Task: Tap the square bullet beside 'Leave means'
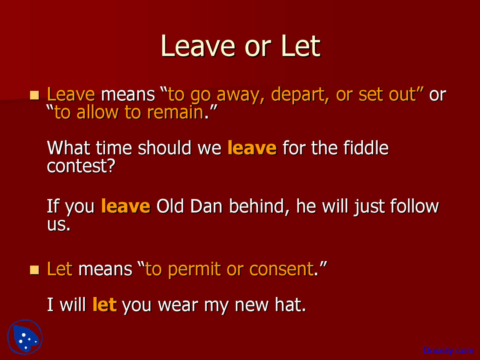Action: tap(34, 95)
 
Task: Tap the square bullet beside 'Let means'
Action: tap(34, 270)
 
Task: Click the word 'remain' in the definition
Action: tap(175, 112)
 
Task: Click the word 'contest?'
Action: tap(81, 166)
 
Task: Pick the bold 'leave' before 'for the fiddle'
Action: tap(252, 148)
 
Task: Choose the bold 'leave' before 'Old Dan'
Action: tap(126, 206)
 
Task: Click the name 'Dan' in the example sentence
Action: tap(206, 206)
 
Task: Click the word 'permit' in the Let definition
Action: tap(194, 269)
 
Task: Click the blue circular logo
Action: tap(25, 337)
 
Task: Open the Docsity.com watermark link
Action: tap(448, 350)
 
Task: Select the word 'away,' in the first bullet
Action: tap(240, 95)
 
